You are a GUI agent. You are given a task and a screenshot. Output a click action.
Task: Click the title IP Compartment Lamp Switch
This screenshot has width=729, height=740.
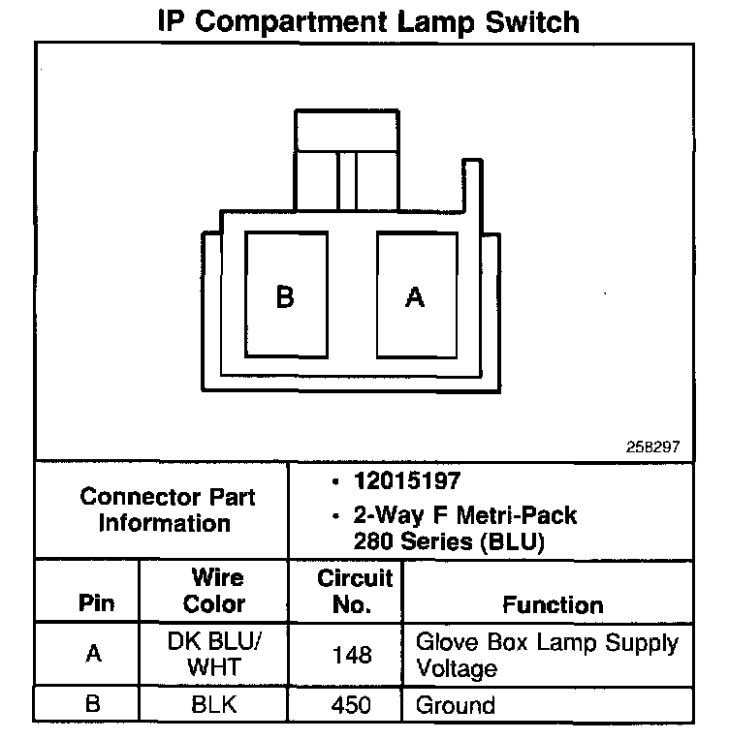point(368,21)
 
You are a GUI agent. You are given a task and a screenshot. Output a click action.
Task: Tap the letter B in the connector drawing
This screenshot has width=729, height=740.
point(284,297)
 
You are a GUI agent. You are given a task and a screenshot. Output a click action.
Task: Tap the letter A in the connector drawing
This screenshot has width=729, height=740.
point(415,297)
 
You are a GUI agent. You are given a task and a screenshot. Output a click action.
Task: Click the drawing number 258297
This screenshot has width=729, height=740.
point(653,448)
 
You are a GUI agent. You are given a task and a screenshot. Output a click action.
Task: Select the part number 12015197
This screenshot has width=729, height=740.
point(406,481)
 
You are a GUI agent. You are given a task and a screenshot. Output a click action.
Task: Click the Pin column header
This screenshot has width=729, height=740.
point(95,603)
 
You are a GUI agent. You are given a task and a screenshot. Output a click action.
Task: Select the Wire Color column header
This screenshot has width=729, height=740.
point(215,591)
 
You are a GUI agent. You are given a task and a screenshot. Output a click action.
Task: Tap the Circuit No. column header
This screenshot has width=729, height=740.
point(354,591)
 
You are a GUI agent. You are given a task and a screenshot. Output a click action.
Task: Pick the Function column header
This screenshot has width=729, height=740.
point(553,604)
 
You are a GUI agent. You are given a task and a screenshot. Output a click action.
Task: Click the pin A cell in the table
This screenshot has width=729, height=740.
point(94,654)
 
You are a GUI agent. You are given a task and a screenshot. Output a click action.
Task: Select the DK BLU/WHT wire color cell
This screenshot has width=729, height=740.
point(215,654)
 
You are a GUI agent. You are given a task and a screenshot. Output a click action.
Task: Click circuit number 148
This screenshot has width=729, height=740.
point(352,655)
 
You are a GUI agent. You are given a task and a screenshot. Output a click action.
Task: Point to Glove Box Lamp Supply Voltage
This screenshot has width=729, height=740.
point(547,655)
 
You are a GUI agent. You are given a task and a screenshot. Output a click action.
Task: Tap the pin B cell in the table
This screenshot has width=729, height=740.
point(94,704)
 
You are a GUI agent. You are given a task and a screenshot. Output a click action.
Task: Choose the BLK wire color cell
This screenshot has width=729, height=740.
point(215,704)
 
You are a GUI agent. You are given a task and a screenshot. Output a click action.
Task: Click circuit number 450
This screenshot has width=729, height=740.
point(352,704)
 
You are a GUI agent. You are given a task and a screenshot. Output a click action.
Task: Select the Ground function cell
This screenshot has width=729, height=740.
point(455,704)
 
